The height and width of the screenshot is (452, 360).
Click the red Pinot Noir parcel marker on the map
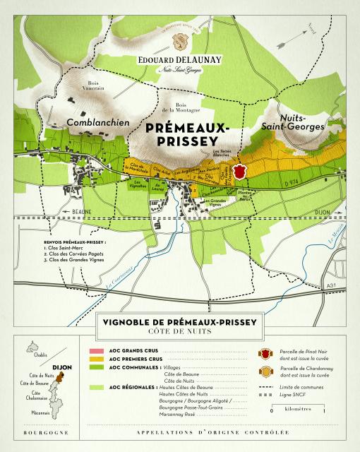click(241, 172)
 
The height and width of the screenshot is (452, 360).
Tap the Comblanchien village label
click(97, 122)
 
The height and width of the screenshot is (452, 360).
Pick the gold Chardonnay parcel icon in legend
click(266, 371)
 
